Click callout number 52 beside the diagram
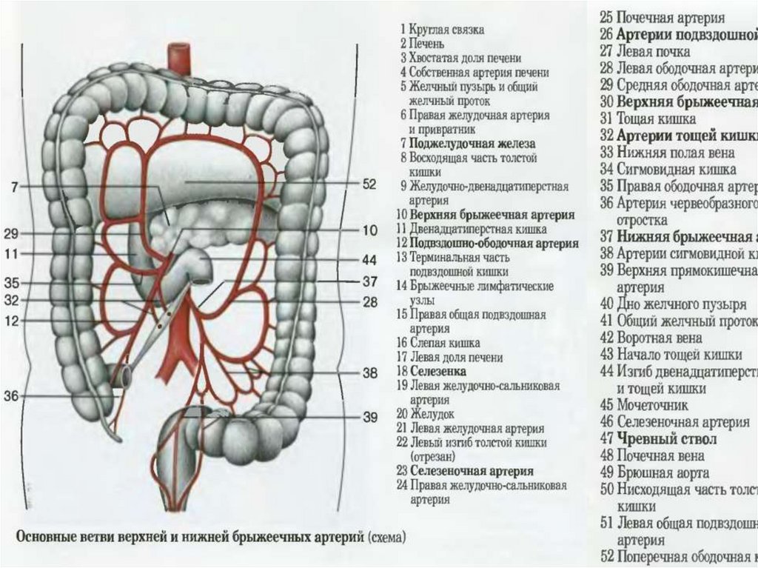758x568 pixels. coord(369,184)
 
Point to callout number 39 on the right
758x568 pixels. coord(369,417)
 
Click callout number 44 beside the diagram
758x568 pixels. coord(369,261)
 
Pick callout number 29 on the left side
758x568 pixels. coord(11,234)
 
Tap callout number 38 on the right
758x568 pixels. coord(369,373)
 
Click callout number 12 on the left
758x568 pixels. coord(11,320)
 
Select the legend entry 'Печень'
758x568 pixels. coord(426,44)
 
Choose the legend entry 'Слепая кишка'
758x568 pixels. coord(440,343)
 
